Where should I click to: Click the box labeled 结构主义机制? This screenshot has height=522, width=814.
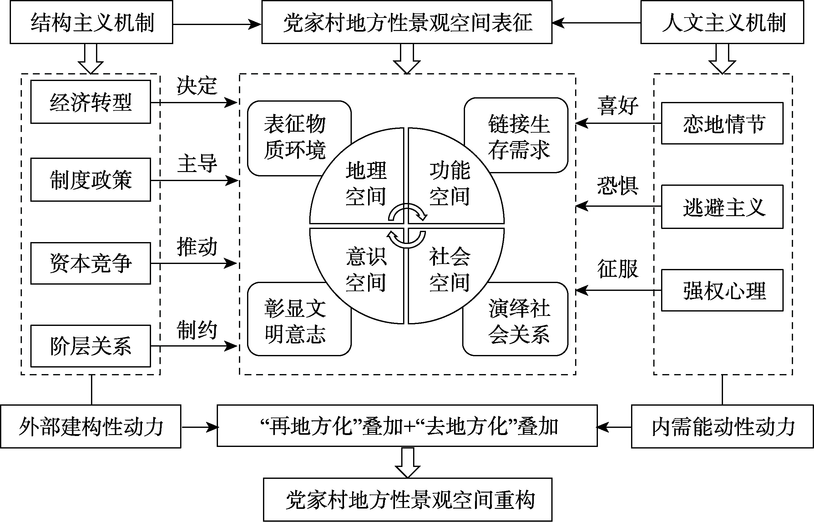point(92,23)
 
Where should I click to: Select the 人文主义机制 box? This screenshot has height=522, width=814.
point(722,23)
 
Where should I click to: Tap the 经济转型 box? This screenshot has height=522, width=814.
point(90,102)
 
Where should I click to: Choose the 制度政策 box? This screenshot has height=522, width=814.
point(90,180)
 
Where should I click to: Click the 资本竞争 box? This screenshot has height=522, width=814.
point(90,263)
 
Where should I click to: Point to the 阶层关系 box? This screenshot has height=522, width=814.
point(90,346)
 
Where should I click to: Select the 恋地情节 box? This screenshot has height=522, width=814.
point(722,123)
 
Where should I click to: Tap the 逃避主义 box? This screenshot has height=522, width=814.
point(722,207)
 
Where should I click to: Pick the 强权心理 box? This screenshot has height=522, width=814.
point(722,290)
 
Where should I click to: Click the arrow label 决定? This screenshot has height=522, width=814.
point(197,85)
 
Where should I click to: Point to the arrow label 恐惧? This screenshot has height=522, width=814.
point(617,186)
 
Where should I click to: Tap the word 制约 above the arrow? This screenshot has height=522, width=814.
point(197,329)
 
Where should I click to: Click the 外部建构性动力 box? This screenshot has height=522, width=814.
point(90,426)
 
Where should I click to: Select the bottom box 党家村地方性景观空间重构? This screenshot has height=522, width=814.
point(408,499)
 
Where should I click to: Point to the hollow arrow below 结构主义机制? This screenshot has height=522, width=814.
point(90,59)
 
